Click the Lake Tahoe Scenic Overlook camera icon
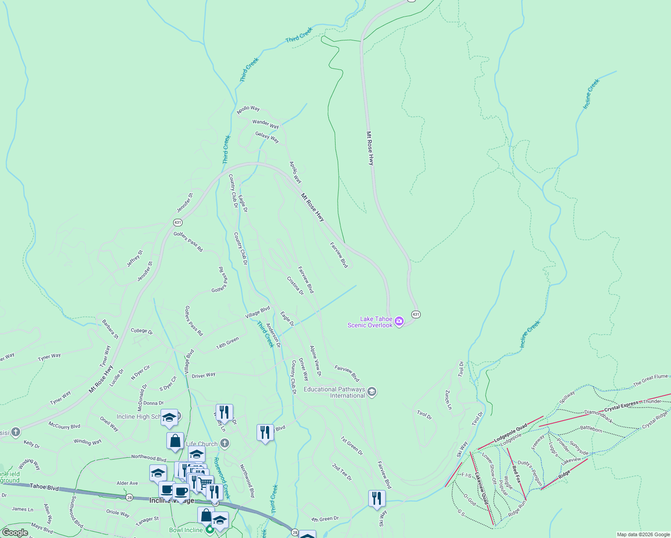point(399,321)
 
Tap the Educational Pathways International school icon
point(371,392)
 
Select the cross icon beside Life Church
point(225,444)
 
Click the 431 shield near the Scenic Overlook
point(416,314)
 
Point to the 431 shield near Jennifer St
point(178,222)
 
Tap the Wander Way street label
point(266,124)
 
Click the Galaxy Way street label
point(267,137)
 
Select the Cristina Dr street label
point(295,286)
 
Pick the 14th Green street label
point(227,343)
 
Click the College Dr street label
point(142,331)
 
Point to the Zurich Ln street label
point(448,399)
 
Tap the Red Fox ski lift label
point(516,474)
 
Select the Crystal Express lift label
point(621,407)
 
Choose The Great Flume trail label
point(650,380)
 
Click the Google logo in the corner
point(15,533)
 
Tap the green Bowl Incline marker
point(209,530)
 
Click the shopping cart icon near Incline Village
point(205,483)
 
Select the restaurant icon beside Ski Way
point(377,499)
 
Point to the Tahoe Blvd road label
point(44,487)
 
